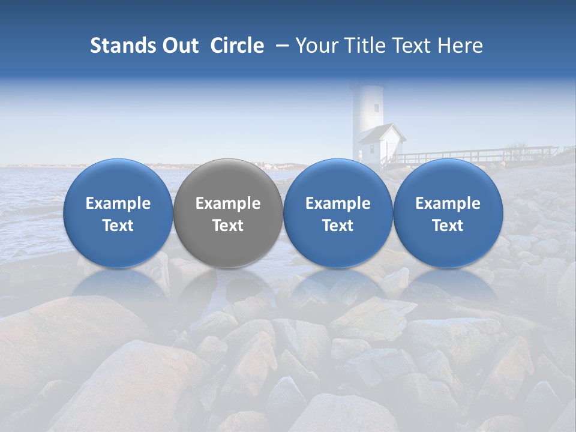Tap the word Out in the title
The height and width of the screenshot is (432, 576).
pos(179,46)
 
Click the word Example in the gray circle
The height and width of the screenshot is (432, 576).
pos(228,203)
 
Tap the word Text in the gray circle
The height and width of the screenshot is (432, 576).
pos(228,226)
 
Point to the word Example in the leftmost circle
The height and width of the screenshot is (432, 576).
pos(118,203)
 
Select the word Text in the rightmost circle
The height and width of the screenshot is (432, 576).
pos(448,226)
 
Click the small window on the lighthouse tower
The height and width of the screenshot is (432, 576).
pos(377,108)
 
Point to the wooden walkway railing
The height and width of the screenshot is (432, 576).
pos(474,155)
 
